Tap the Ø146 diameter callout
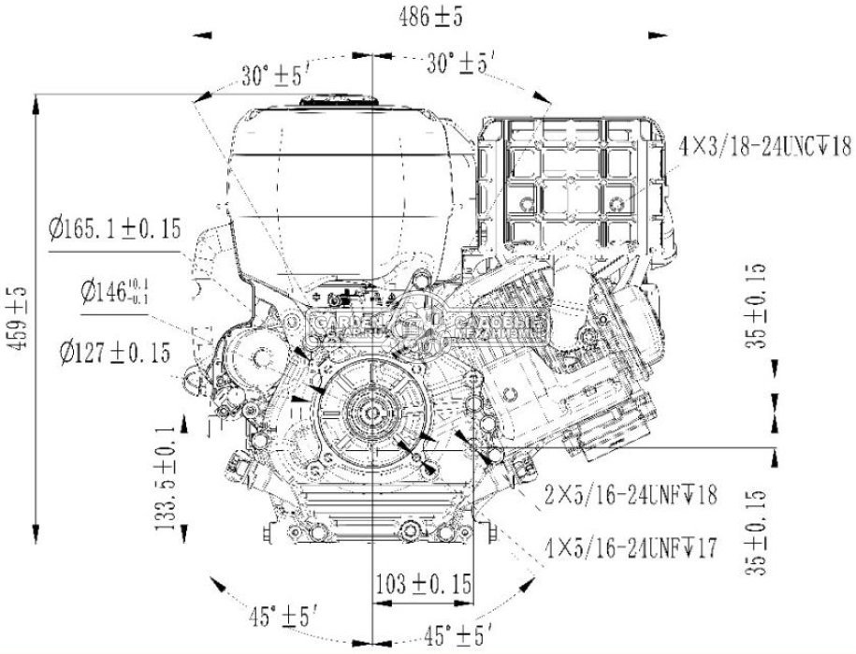click(114, 293)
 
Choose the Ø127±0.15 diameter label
click(114, 352)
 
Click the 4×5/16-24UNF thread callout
click(631, 546)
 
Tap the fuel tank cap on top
click(338, 102)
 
